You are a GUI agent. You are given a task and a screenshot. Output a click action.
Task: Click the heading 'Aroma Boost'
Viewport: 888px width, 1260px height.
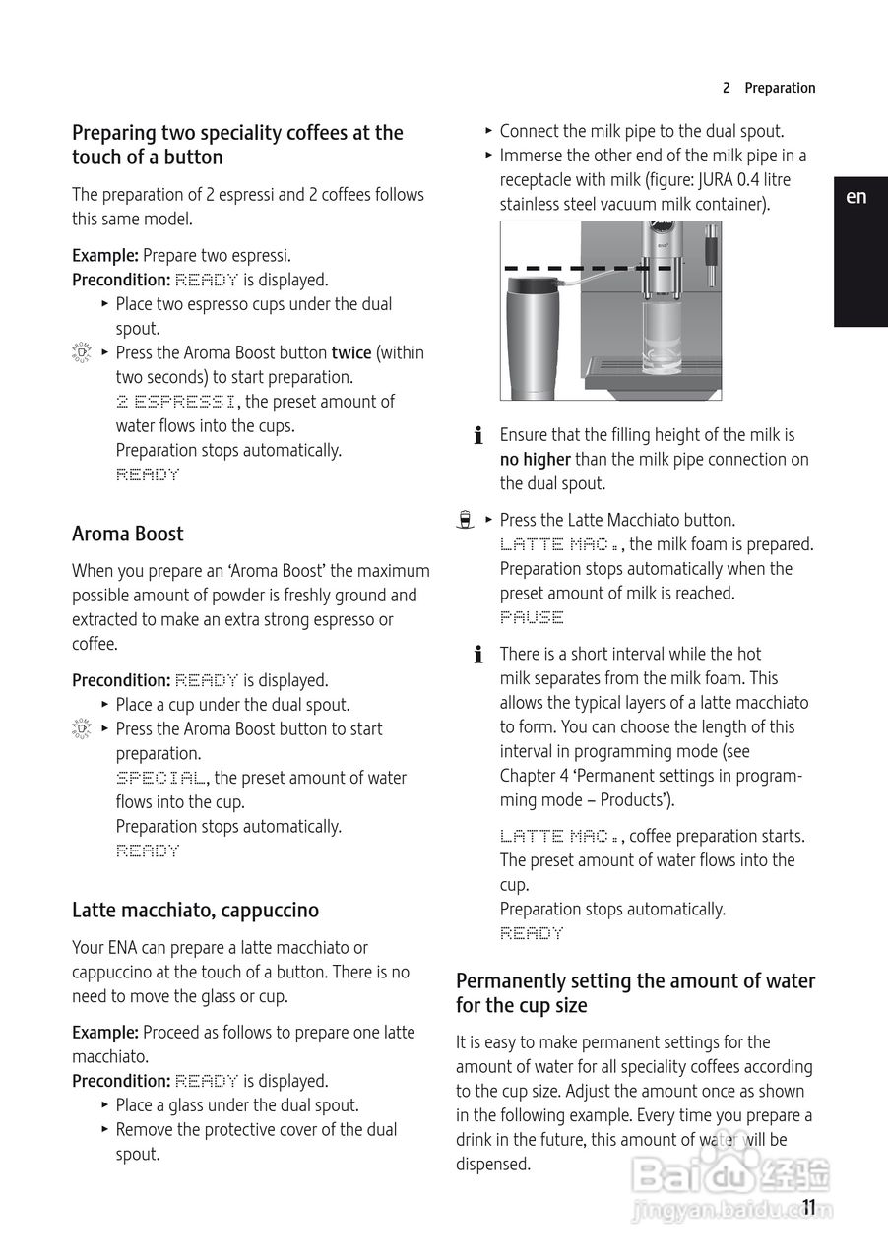coord(128,534)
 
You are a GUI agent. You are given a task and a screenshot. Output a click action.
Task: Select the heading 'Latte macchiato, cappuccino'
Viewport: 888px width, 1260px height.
coord(195,911)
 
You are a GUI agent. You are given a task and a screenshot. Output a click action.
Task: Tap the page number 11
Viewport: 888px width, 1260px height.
coord(809,1208)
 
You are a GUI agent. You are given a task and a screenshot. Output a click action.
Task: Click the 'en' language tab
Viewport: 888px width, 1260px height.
coord(856,197)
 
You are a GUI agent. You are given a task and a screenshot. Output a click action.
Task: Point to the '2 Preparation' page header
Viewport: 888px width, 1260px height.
coord(769,88)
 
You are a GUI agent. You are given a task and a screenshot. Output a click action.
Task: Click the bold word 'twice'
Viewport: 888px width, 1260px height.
coord(351,352)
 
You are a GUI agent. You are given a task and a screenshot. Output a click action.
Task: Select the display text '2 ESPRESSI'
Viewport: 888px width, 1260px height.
coord(176,402)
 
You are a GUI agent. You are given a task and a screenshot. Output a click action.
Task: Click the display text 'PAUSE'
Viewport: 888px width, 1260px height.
coord(532,617)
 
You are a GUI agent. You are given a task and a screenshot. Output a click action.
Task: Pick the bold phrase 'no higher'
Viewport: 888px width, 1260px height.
coord(536,459)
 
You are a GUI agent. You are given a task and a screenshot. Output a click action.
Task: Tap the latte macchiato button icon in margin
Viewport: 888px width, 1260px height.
coord(466,520)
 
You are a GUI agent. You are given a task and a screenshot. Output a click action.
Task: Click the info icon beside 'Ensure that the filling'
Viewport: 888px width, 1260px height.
coord(478,435)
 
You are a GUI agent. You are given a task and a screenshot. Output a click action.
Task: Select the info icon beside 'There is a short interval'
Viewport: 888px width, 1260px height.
coord(478,654)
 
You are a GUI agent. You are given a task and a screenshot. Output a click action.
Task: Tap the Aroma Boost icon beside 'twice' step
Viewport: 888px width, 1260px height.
coord(82,353)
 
